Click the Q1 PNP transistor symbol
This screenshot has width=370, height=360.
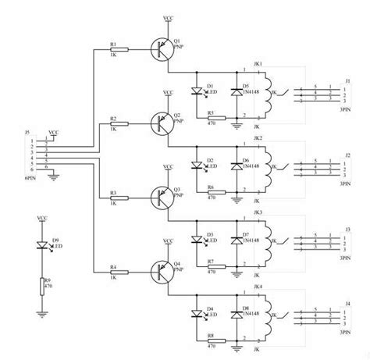click(162, 49)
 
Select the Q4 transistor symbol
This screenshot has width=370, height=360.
click(162, 270)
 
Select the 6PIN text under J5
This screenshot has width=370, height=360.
click(29, 178)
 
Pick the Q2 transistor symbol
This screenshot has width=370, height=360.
click(162, 122)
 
